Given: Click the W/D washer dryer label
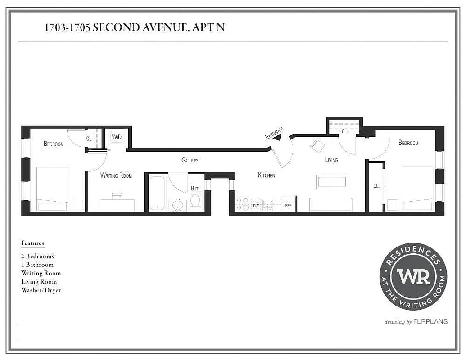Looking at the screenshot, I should tap(117, 137).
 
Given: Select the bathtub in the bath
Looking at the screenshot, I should tap(157, 193).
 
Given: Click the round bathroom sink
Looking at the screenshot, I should tap(177, 205).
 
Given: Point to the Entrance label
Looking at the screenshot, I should tap(274, 133).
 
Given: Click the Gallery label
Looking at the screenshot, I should tap(190, 160).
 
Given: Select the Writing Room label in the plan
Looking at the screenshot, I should tap(116, 175).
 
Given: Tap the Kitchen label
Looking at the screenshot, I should tap(267, 175).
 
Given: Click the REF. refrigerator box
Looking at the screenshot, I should tap(289, 205).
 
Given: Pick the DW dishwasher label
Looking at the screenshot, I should tap(256, 206).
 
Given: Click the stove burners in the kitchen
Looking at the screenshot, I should tap(243, 204).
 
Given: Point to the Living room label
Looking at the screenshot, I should tap(331, 160).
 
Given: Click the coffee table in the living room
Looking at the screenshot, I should tap(332, 182).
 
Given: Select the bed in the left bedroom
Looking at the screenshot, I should tap(52, 189).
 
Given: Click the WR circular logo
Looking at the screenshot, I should tap(413, 276).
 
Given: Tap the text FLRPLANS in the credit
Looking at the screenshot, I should tap(430, 322).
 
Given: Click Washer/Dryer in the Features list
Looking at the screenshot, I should tap(41, 290).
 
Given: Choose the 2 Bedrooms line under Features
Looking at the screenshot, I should tap(37, 256).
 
